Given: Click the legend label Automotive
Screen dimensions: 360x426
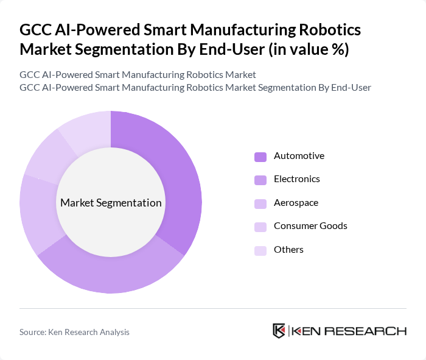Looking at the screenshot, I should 299,156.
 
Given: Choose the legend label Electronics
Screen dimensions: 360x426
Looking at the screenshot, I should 296,179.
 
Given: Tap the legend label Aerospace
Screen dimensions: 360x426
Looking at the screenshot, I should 296,202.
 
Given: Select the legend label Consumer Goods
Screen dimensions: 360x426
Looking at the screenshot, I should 310,226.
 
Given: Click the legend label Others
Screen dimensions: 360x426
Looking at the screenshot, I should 288,249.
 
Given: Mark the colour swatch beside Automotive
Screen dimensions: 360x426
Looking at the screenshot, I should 260,157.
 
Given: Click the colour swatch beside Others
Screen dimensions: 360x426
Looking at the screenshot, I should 260,250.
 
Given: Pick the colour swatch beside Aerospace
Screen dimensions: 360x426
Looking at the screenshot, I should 260,203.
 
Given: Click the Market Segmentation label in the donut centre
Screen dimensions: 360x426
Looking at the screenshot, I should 111,203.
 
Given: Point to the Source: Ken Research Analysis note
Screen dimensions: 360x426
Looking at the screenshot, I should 74,332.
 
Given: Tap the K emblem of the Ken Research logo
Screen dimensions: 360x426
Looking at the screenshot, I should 279,331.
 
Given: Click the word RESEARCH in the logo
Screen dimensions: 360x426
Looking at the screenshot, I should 372,331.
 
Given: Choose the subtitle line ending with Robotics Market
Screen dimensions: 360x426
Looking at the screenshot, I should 138,74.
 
